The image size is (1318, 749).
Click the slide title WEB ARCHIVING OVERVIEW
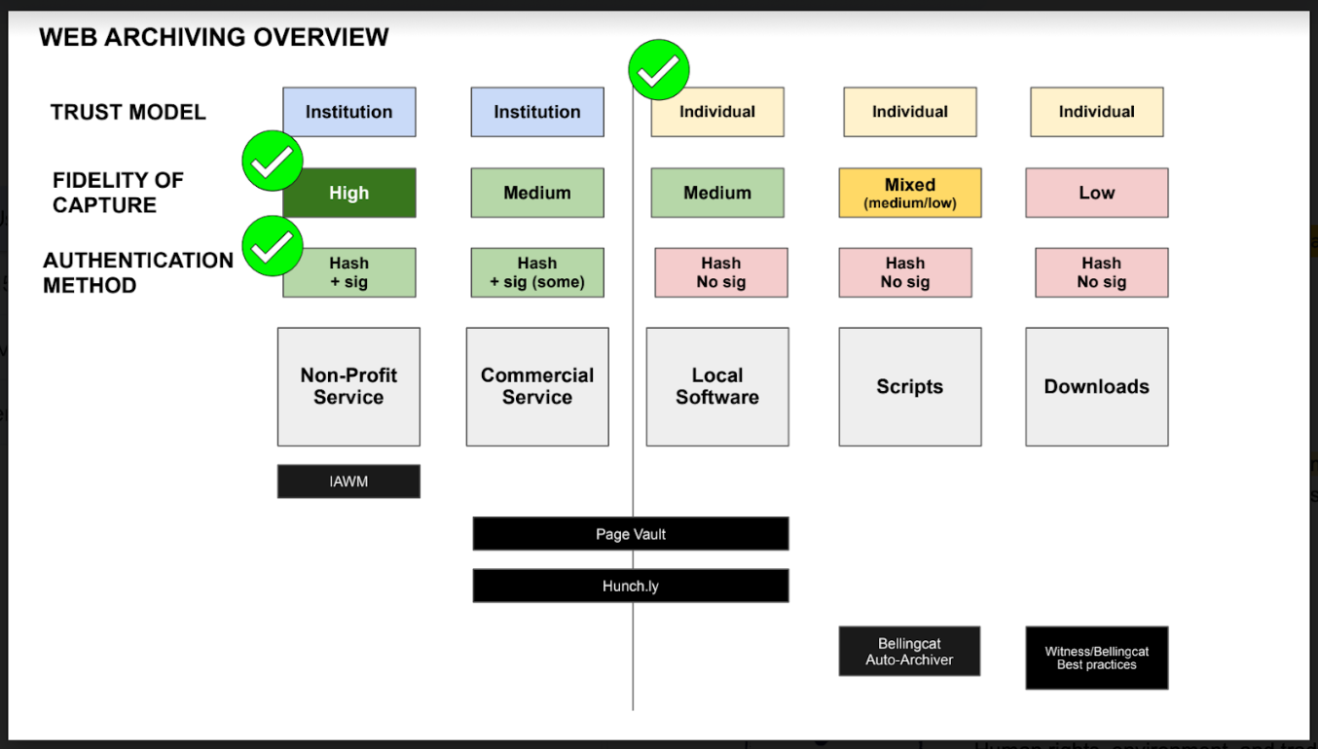pyautogui.click(x=213, y=37)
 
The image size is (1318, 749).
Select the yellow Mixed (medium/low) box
pyautogui.click(x=910, y=193)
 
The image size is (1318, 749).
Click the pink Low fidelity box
pyautogui.click(x=1097, y=193)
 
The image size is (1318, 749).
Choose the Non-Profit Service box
pyautogui.click(x=348, y=387)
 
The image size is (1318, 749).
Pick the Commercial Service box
pyautogui.click(x=537, y=387)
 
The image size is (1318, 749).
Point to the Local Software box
pyautogui.click(x=717, y=387)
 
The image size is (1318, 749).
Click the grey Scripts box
pyautogui.click(x=910, y=387)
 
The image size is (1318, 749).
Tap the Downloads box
pyautogui.click(x=1097, y=387)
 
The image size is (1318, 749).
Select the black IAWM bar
pyautogui.click(x=348, y=481)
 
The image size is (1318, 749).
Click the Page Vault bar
pyautogui.click(x=631, y=534)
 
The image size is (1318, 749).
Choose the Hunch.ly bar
pyautogui.click(x=631, y=586)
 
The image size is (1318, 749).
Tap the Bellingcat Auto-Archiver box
pyautogui.click(x=910, y=652)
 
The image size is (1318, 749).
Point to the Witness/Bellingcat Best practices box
pyautogui.click(x=1097, y=658)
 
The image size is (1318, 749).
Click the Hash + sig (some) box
pyautogui.click(x=537, y=272)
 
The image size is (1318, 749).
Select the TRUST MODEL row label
pyautogui.click(x=128, y=112)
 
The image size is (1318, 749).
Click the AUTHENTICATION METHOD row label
pyautogui.click(x=138, y=272)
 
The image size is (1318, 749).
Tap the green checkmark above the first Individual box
pyautogui.click(x=659, y=70)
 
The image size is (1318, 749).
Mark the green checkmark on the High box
pyautogui.click(x=273, y=160)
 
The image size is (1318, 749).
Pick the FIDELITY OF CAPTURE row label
pyautogui.click(x=118, y=193)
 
